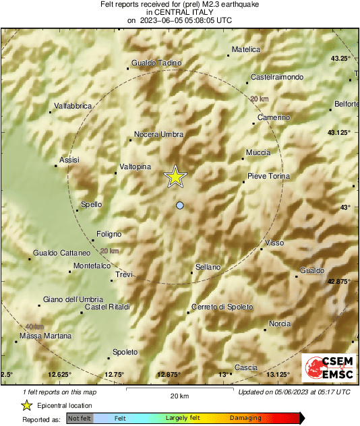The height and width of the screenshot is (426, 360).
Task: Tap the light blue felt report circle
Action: pyautogui.click(x=179, y=205)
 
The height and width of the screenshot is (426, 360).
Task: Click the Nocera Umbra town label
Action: pyautogui.click(x=158, y=135)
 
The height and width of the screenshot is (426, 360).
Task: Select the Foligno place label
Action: pyautogui.click(x=109, y=234)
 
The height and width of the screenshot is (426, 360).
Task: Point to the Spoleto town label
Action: pyautogui.click(x=125, y=352)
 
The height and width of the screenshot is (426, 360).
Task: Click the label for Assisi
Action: pyautogui.click(x=69, y=160)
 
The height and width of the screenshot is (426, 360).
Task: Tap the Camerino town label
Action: pyautogui.click(x=274, y=118)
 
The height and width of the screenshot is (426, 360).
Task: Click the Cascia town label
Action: pyautogui.click(x=245, y=367)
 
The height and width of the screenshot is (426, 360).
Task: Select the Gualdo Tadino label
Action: pyautogui.click(x=157, y=63)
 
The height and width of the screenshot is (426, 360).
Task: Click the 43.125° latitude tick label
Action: pyautogui.click(x=338, y=132)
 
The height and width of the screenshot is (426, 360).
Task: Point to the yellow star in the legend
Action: pyautogui.click(x=26, y=405)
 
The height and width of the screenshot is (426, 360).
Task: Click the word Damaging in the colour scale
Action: pyautogui.click(x=245, y=418)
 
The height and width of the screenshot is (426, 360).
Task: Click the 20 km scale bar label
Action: pyautogui.click(x=179, y=395)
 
